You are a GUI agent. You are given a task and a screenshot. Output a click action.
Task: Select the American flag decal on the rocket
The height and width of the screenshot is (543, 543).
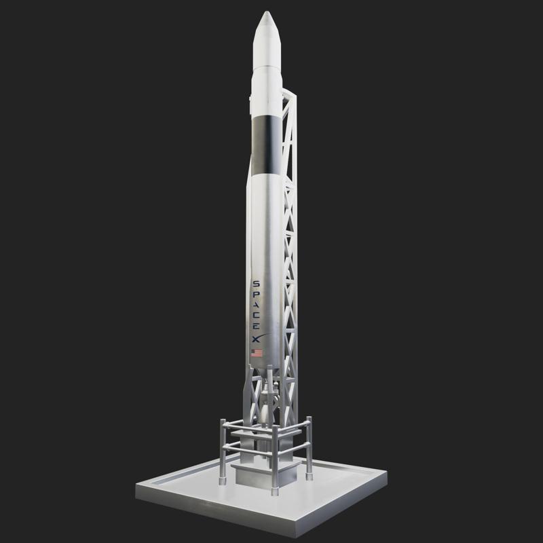(257, 353)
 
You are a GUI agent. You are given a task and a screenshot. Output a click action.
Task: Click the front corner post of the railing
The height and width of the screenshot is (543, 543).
(275, 462)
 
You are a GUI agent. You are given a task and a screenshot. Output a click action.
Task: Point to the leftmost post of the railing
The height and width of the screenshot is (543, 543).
(223, 451)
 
